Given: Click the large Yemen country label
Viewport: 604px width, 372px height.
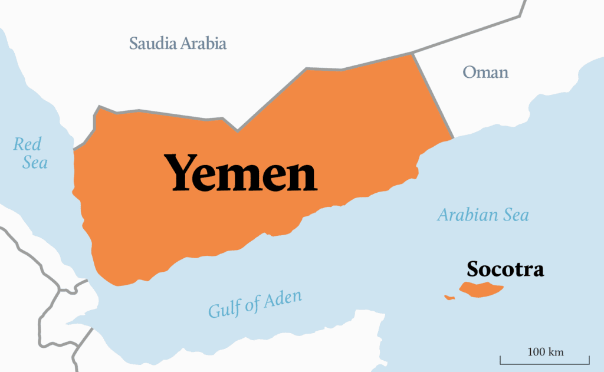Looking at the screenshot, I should pos(241,173).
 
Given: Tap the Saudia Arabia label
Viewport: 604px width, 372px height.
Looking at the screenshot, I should pos(178,43).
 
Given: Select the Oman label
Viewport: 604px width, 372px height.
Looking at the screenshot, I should pos(485,73).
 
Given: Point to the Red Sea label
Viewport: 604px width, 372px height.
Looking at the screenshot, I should pos(30,152).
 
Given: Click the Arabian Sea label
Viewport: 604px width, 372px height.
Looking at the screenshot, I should pos(482,215).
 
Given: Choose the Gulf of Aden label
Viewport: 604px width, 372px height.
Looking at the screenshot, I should pos(255,303).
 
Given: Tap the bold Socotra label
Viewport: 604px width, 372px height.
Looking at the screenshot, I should pos(505,269).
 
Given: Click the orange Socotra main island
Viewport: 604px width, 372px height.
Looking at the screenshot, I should pos(481,289).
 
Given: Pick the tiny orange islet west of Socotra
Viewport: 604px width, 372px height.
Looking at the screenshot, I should pos(449,297).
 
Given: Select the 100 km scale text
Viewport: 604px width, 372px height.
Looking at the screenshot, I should pos(545,352).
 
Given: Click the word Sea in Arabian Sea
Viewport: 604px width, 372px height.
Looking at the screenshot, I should pos(515,215).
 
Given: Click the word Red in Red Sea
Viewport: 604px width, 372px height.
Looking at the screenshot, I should pos(27,143).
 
